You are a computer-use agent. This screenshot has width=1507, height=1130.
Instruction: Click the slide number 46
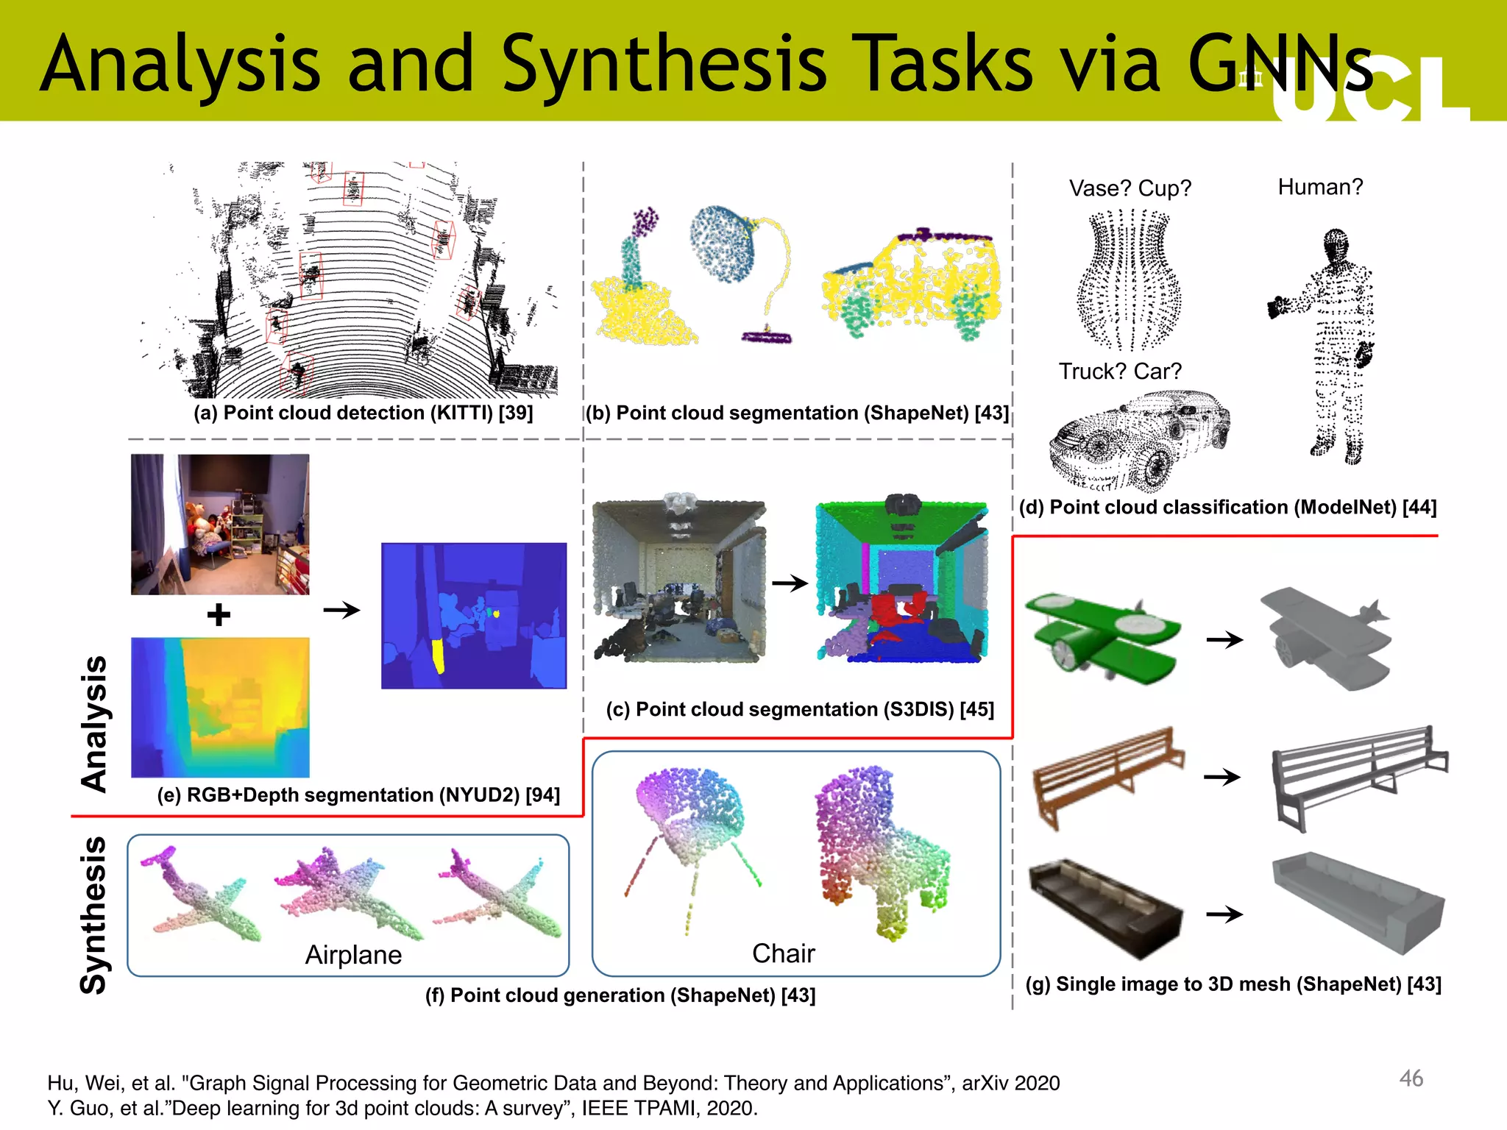tap(1411, 1079)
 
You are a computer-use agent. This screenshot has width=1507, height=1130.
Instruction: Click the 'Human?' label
tap(1320, 187)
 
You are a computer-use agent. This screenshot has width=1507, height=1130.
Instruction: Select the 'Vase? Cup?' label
tap(1130, 188)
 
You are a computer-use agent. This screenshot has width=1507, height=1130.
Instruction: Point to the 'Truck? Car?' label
tap(1119, 372)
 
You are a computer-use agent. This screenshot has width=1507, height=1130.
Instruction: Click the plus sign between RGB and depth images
tap(219, 614)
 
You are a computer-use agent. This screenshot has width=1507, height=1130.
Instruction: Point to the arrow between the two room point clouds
tap(790, 583)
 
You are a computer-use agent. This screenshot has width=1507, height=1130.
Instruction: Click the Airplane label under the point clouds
tap(353, 955)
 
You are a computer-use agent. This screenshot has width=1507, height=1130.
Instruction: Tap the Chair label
tap(783, 953)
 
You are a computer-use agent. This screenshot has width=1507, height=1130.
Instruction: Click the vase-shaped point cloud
tap(1129, 280)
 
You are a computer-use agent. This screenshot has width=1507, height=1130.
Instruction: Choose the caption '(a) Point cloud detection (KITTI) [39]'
tap(363, 413)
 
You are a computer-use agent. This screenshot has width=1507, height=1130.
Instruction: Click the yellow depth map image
tap(220, 707)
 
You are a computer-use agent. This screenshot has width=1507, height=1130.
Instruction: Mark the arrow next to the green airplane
tap(1224, 639)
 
